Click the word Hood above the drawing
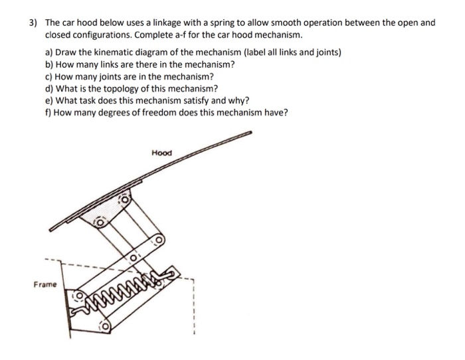161,153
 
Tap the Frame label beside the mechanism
45,284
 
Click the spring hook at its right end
171,271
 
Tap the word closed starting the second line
58,34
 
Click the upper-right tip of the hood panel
251,133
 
